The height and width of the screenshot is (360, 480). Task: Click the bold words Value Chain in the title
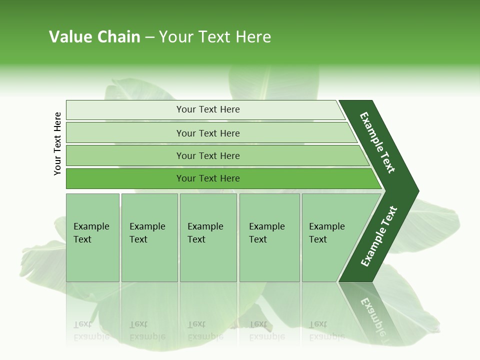(x=94, y=37)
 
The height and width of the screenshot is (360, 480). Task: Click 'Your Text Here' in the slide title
(x=215, y=37)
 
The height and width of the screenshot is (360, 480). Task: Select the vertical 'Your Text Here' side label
(x=57, y=143)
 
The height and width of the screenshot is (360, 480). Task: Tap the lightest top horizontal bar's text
(x=208, y=109)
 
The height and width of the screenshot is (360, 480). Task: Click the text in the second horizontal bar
(x=208, y=133)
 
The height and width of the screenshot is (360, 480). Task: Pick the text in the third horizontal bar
(x=208, y=156)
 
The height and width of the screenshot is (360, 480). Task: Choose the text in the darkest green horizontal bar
(x=208, y=178)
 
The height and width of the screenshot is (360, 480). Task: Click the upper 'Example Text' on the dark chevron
(x=377, y=142)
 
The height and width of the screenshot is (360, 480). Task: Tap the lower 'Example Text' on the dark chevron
(x=379, y=236)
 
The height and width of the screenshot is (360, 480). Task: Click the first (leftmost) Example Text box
(x=92, y=233)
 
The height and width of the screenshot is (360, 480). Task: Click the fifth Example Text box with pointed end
(x=327, y=233)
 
